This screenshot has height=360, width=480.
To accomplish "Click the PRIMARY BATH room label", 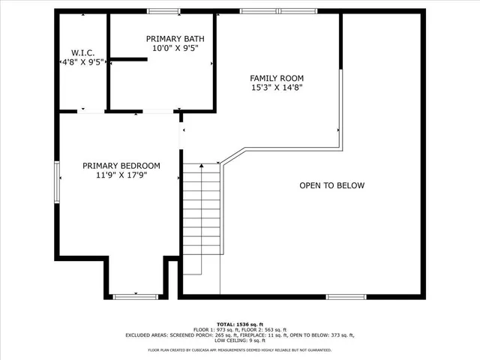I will [175, 38].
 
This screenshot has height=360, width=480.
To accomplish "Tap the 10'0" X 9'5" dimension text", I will [175, 48].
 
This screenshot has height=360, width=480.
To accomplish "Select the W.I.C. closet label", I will [82, 52].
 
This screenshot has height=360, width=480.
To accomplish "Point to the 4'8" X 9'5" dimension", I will [82, 62].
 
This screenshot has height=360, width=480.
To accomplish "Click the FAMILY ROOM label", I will [277, 78].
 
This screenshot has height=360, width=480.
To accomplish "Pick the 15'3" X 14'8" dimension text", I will [277, 88].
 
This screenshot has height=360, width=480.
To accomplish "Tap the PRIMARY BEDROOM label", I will [121, 166].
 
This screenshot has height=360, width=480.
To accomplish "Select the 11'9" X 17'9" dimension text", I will [121, 175].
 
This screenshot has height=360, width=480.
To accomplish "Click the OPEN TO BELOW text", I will [331, 185].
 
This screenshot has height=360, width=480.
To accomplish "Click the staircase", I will [202, 217].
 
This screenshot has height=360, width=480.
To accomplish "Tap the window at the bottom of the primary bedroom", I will [135, 297].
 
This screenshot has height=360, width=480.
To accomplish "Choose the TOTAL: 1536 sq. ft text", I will [240, 323].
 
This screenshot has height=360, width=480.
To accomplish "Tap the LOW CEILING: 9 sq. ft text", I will [240, 341].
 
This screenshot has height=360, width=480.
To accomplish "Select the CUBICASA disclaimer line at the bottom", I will [240, 349].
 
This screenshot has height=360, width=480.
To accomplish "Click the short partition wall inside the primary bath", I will [128, 59].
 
